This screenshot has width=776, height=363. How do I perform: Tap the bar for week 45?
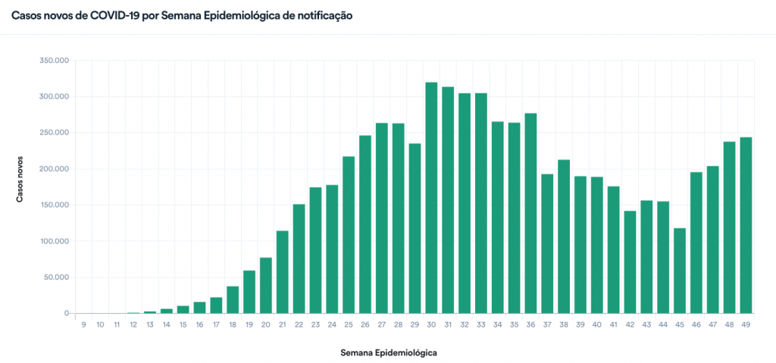680,271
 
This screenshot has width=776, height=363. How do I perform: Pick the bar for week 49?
746,225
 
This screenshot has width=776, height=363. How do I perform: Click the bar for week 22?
299,258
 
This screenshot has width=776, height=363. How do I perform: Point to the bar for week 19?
249,292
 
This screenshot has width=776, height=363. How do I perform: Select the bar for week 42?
630,261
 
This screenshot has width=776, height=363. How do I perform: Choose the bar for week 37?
547,243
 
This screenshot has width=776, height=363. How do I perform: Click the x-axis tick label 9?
83,324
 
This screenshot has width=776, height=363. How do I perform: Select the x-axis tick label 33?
481,324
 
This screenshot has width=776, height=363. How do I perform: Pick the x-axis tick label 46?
696,324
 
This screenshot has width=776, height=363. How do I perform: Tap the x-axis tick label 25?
349,324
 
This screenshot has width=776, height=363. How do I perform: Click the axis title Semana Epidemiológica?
389,352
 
